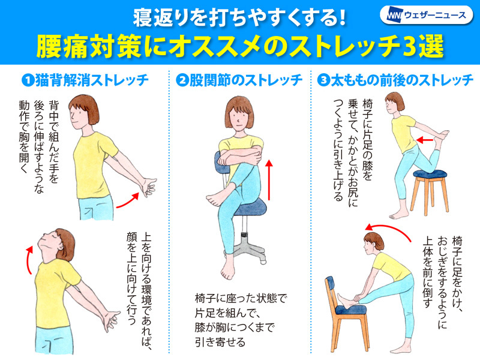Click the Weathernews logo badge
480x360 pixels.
pyautogui.click(x=426, y=15)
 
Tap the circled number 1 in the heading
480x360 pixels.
pyautogui.click(x=28, y=81)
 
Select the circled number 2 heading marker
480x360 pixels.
pyautogui.click(x=182, y=81)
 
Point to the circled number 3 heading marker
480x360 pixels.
pyautogui.click(x=323, y=81)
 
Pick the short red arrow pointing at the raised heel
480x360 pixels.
pyautogui.click(x=425, y=140)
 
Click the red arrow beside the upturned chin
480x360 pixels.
pyautogui.click(x=29, y=260)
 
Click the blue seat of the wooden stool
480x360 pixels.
pyautogui.click(x=430, y=174)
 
